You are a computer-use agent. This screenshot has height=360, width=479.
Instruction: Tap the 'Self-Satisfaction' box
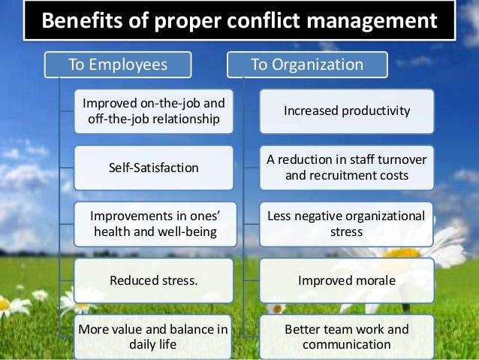coord(154,168)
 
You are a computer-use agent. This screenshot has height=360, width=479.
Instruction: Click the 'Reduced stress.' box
coord(154,281)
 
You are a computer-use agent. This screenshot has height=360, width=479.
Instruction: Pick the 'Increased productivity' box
coord(347,111)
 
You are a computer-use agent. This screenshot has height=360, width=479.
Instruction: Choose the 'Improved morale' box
coord(347,281)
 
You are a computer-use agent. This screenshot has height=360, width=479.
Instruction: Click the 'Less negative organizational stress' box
coord(347,224)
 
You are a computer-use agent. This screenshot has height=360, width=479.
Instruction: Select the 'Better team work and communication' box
coord(347,337)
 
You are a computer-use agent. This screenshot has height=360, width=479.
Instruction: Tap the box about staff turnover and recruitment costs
coord(347,168)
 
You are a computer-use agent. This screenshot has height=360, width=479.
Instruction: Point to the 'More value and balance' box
coord(154,337)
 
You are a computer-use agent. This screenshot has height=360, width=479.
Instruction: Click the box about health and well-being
coord(154,224)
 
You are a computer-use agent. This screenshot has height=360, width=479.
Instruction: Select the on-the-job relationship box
coord(154,111)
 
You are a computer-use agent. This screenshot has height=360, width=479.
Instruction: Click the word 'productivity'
coord(377,111)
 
